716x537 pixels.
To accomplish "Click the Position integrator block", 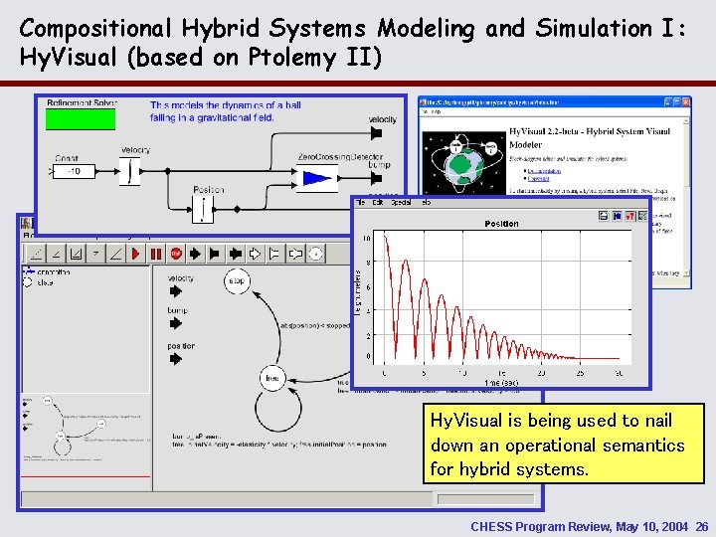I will click(203, 207).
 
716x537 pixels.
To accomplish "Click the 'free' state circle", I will click(272, 378).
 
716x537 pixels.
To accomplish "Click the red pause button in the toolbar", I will click(155, 254).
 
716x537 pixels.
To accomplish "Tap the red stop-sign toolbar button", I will click(176, 254).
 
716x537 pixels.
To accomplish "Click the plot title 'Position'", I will click(501, 224).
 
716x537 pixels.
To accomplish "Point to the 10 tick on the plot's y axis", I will click(367, 239).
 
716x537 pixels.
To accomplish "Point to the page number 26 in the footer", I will click(702, 525).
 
